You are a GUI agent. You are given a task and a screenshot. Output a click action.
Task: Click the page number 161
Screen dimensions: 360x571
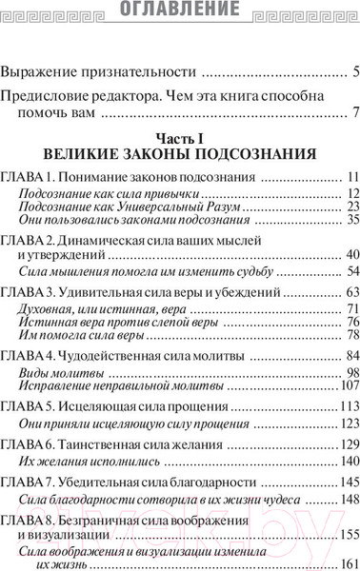[x=349, y=562]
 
